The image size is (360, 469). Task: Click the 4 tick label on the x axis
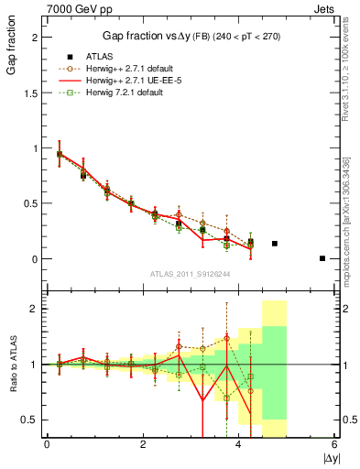239,444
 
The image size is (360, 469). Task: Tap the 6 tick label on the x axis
334,444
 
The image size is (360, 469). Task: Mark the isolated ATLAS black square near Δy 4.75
275,244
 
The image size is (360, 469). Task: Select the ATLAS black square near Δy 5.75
322,258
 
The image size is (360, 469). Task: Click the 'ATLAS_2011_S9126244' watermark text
191,273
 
